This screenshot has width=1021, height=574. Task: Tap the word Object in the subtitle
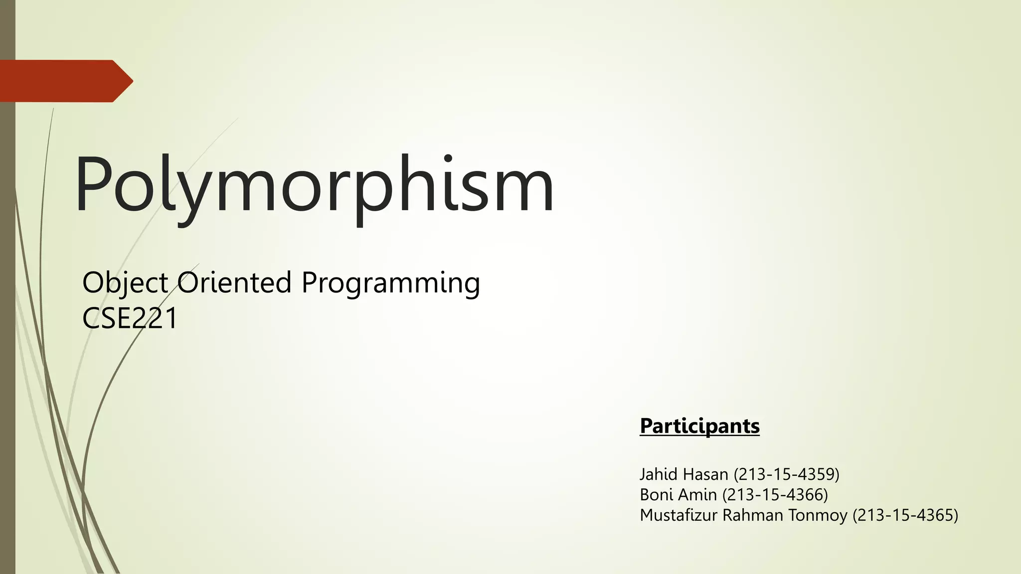click(x=125, y=283)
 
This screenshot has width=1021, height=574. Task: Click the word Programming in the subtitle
click(x=390, y=283)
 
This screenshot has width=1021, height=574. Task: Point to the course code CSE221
click(x=130, y=318)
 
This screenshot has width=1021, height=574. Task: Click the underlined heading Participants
click(x=699, y=426)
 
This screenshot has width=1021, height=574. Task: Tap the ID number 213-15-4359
click(x=787, y=474)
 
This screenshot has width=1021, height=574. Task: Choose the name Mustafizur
click(x=679, y=515)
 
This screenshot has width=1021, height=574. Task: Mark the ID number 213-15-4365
click(x=906, y=515)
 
